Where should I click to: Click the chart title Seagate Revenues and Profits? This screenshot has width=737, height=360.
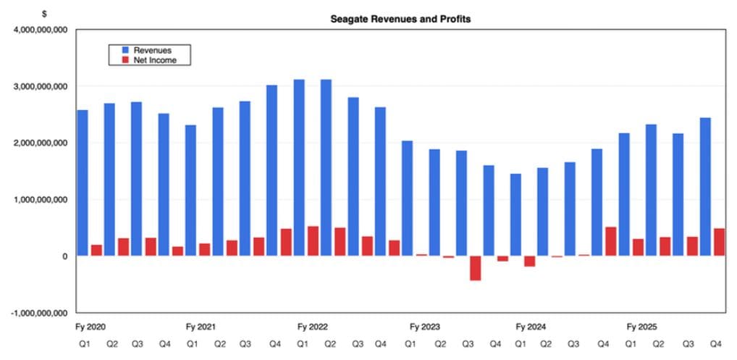coord(400,19)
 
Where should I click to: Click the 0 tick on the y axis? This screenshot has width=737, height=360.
coord(64,256)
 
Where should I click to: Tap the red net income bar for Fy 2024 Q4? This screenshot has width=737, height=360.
coord(611,241)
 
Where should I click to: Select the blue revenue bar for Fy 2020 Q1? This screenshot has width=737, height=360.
coord(82,183)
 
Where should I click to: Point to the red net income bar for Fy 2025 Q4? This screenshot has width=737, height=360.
coord(720,242)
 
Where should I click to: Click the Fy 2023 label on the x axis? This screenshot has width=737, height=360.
coord(425,327)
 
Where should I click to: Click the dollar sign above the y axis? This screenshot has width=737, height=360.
coord(45,14)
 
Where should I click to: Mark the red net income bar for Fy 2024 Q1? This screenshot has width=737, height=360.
coord(529,261)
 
